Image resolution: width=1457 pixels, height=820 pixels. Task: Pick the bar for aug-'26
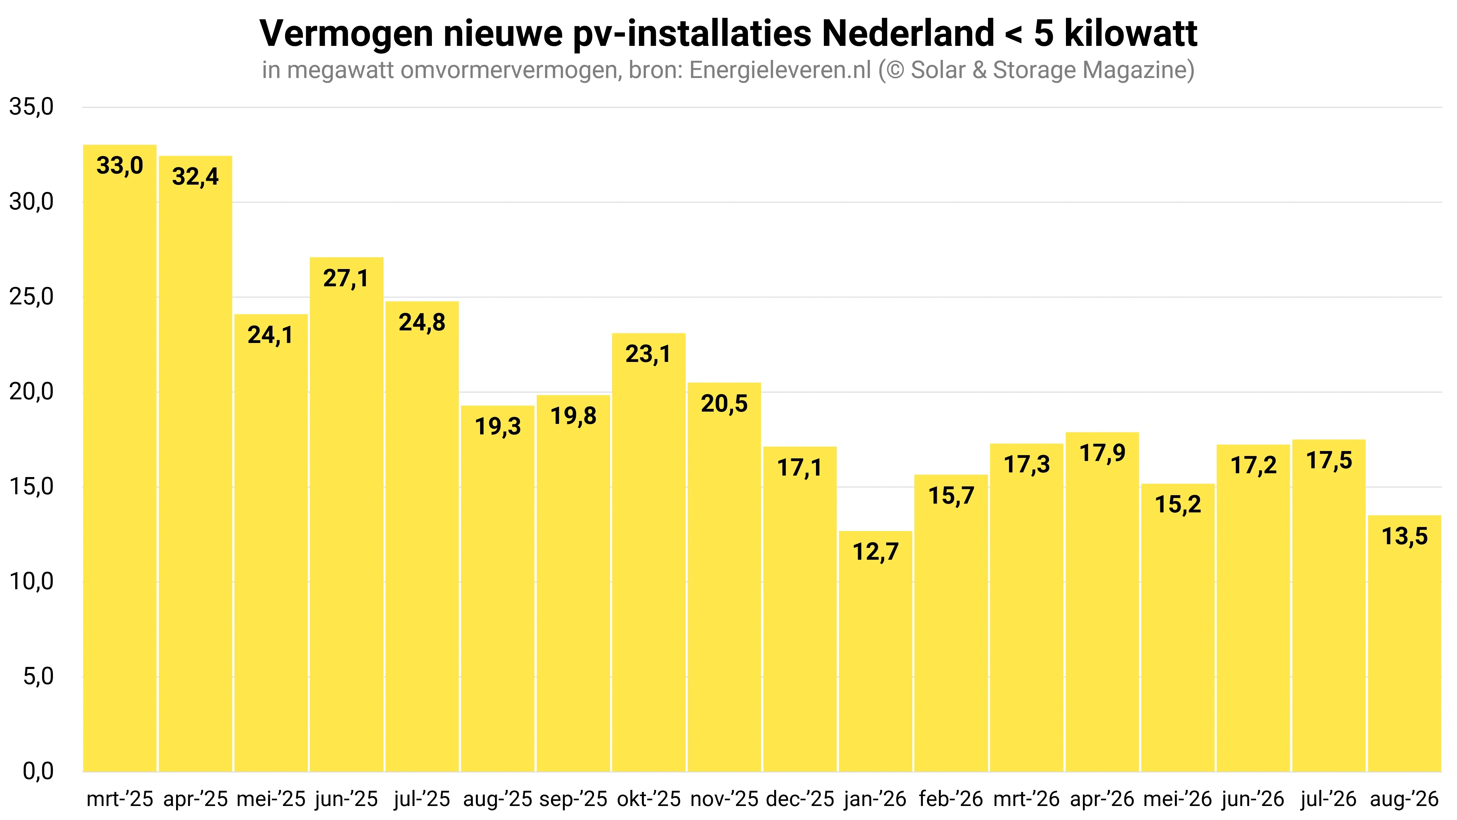coord(1404,644)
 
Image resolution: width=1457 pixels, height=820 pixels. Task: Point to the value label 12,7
coord(876,552)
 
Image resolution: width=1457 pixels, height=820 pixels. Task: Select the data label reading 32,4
coord(195,176)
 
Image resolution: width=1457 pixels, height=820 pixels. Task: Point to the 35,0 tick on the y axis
coord(31,107)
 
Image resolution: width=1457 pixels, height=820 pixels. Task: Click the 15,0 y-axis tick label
coord(31,487)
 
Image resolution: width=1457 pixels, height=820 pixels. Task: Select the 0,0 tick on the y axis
coord(38,771)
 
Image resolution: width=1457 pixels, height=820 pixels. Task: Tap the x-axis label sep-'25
coord(573,799)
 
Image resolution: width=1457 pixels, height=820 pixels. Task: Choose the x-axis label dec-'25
coord(800,799)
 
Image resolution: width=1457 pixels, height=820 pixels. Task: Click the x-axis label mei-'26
coord(1178,799)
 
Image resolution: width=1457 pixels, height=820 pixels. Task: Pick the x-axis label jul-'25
coord(422,799)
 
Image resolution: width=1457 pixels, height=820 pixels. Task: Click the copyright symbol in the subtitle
coord(896,70)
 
